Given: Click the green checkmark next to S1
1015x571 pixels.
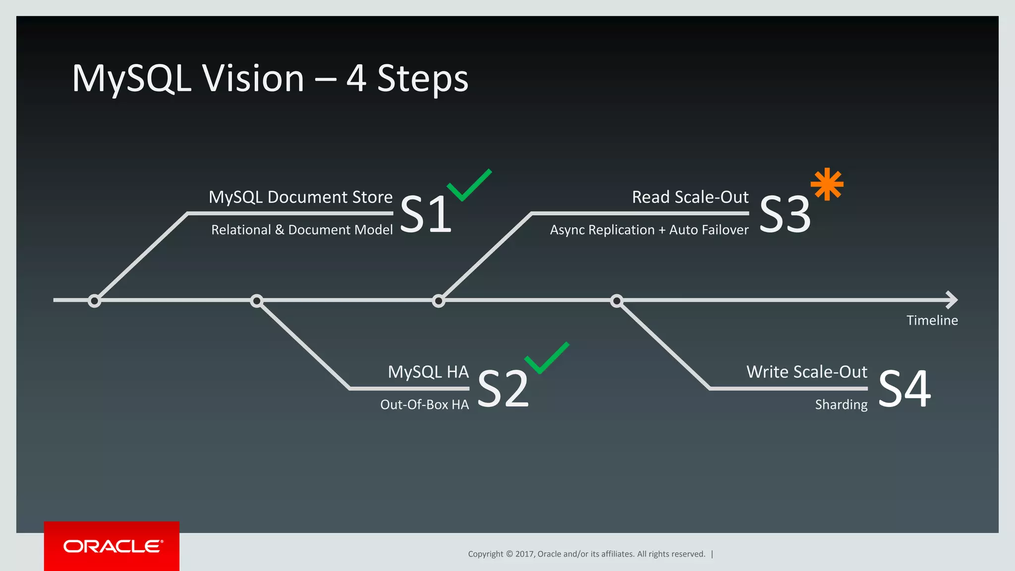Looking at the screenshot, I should tap(468, 186).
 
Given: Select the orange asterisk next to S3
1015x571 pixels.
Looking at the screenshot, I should tap(827, 184).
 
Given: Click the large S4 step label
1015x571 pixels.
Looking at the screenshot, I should tap(904, 389).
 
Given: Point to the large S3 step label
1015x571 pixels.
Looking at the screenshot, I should tap(785, 214).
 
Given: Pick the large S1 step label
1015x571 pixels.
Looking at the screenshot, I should tap(426, 214).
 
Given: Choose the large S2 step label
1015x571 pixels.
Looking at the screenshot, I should tap(503, 389).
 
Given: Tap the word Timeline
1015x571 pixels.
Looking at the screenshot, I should tap(932, 321).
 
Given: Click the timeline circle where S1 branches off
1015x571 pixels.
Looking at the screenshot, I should tap(94, 301).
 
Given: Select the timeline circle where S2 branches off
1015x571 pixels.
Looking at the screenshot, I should tap(256, 301).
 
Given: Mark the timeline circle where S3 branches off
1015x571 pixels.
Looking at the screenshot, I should tap(438, 301).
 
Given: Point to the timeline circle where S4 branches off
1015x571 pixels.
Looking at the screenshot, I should tap(617, 301).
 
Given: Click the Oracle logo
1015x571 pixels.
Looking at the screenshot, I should tap(113, 546).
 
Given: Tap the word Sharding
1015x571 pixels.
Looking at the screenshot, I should tap(841, 405).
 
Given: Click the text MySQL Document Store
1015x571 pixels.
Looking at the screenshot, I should tap(300, 197).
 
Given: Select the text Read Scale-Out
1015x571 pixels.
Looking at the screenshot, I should tap(690, 197).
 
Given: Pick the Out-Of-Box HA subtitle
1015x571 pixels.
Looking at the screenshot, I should tap(424, 405).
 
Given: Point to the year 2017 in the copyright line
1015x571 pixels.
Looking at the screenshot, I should tap(524, 554).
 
